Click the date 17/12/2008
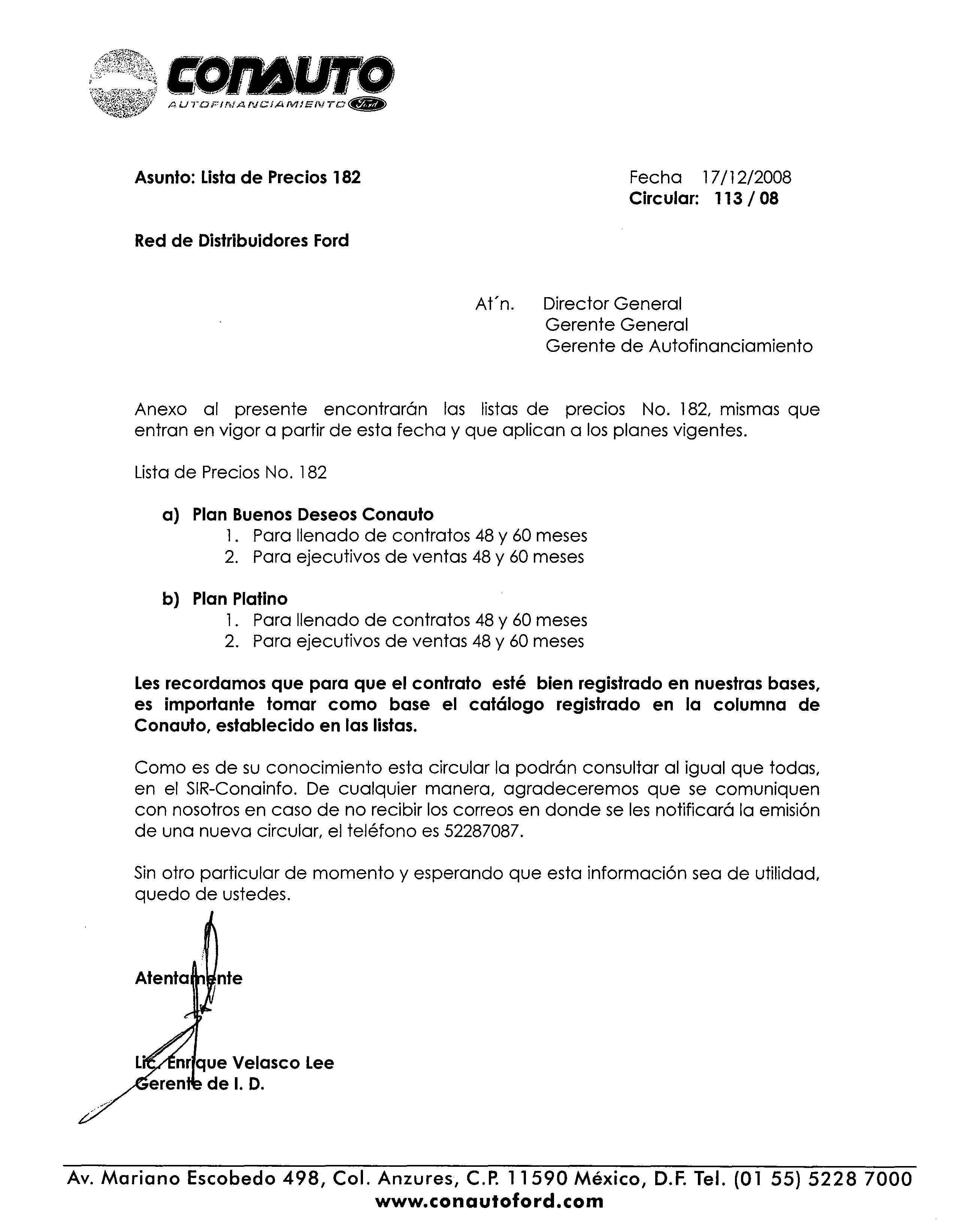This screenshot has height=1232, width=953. pos(747,178)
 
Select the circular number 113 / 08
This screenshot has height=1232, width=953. pos(746,199)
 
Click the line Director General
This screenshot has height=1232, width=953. pos(612,304)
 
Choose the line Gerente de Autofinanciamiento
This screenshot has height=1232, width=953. pos(679,346)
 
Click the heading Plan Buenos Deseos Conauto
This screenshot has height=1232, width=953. pos(313,514)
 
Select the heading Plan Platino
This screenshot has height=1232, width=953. pos(240,598)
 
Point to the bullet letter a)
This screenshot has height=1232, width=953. pos(170,515)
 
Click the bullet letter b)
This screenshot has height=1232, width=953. pos(170,599)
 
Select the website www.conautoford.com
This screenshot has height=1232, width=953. pos(489,1201)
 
